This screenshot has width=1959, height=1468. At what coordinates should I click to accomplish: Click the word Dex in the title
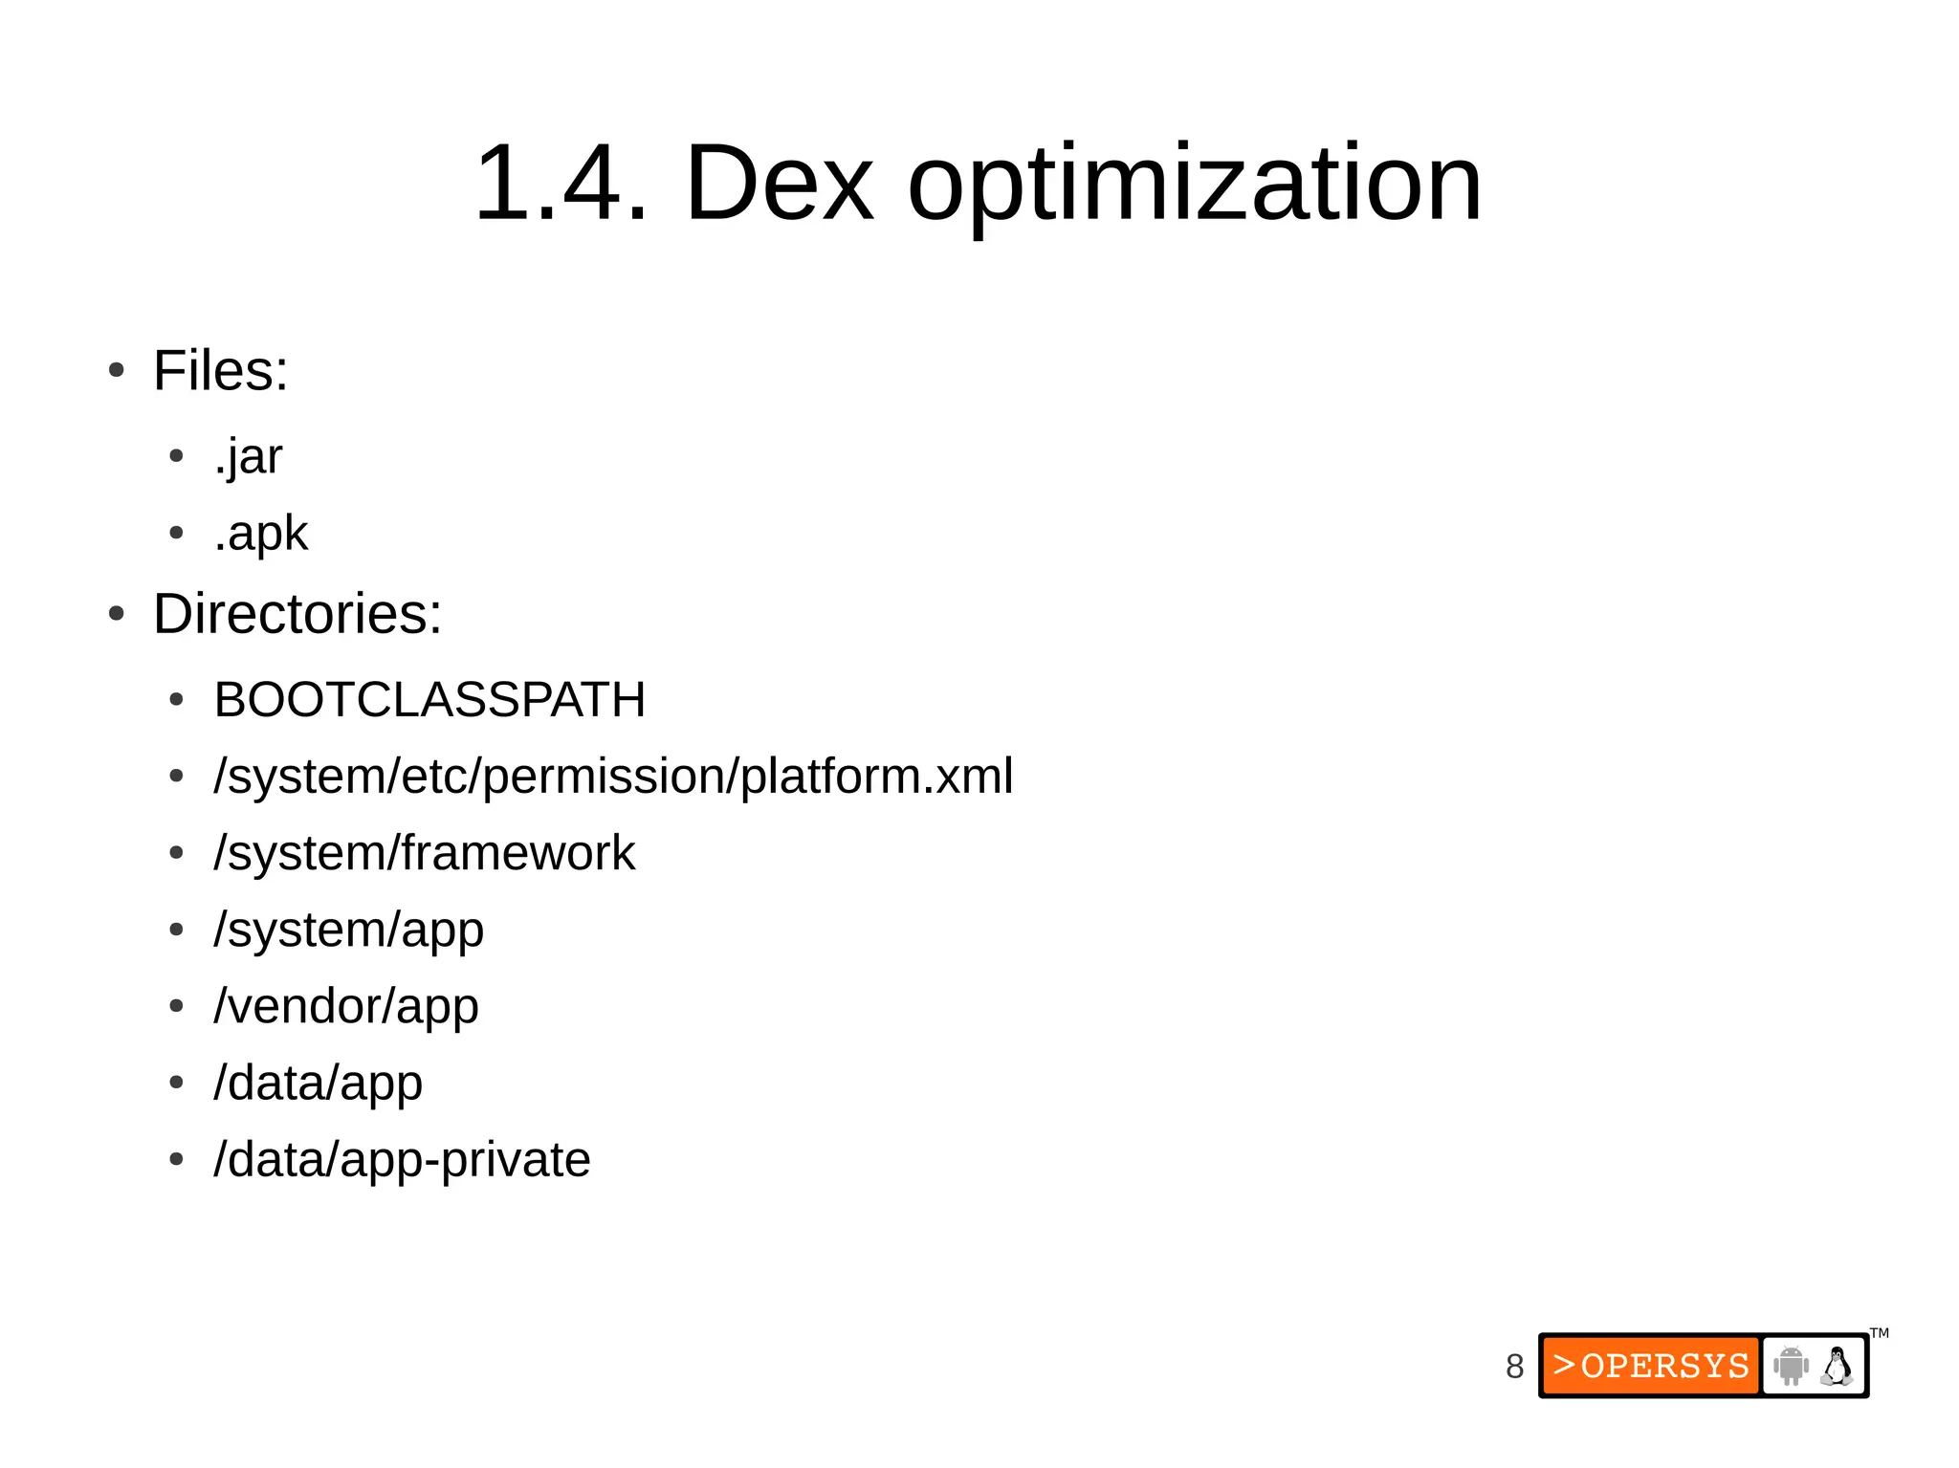coord(779,183)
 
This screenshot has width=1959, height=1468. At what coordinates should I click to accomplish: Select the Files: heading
coord(220,371)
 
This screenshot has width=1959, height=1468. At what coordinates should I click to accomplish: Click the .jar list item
coord(248,457)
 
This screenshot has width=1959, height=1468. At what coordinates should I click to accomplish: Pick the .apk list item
coord(260,534)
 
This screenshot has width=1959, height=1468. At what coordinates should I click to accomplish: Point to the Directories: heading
coord(297,613)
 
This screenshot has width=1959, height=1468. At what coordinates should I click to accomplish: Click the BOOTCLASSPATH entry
coord(429,699)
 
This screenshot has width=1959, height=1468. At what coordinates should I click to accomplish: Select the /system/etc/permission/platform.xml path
coord(613,776)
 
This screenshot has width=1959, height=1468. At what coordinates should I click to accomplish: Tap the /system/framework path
coord(425,853)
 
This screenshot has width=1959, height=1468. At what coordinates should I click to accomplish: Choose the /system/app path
coord(349,930)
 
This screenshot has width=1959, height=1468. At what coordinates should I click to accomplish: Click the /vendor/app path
coord(346,1006)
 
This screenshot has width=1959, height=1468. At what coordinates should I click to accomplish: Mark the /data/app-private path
coord(402,1160)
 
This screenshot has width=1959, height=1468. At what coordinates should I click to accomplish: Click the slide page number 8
coord(1514,1367)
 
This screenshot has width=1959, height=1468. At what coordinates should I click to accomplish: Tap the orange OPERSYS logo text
coord(1651,1366)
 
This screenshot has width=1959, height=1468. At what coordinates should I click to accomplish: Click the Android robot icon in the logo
coord(1791,1366)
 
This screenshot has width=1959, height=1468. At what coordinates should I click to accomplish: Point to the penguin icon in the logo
coord(1837,1366)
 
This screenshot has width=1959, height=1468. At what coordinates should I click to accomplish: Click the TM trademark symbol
coord(1880,1333)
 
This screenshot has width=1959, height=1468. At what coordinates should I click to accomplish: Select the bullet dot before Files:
coord(117,371)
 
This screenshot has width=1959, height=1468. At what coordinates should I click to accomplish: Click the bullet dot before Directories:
coord(117,614)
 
